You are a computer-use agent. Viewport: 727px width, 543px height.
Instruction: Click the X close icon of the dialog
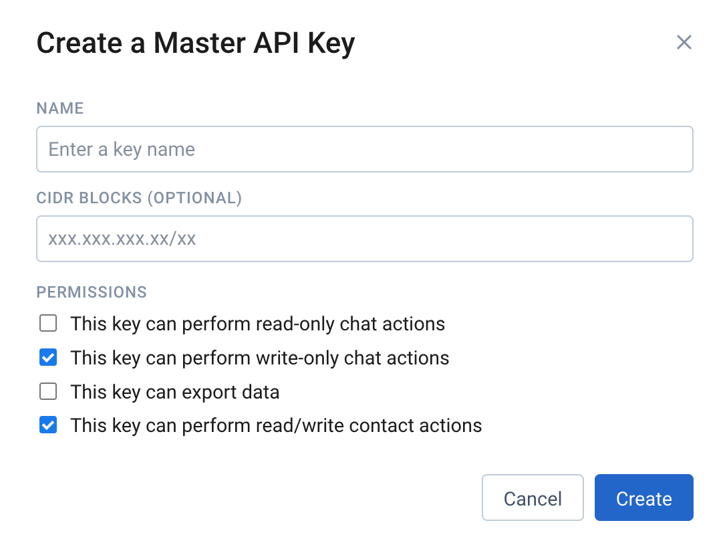click(684, 43)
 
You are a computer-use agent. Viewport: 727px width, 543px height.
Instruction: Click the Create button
click(643, 498)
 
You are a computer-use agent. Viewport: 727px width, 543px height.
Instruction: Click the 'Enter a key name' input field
click(364, 149)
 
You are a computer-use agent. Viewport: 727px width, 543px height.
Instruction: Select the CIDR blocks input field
click(364, 239)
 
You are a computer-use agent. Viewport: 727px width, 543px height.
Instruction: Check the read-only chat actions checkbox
click(48, 324)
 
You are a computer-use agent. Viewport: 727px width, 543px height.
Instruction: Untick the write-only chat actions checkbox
click(48, 358)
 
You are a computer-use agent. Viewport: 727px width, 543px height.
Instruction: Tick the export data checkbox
click(48, 392)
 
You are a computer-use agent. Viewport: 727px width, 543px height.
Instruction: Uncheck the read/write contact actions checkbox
click(48, 425)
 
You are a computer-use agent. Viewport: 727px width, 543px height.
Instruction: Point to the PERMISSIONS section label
click(92, 292)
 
